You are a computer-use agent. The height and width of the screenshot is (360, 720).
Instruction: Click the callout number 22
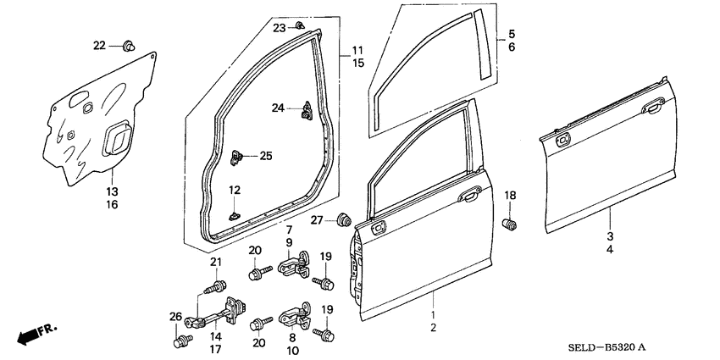tap(99, 45)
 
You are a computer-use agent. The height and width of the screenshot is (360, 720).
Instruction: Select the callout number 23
tap(280, 28)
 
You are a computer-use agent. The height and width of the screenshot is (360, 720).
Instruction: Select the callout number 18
tap(510, 196)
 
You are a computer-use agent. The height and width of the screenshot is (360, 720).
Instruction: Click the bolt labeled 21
tap(218, 284)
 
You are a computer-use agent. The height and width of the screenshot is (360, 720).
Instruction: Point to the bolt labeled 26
tap(180, 341)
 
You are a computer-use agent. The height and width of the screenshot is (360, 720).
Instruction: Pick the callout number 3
tap(609, 237)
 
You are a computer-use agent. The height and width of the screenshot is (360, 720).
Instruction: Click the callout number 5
tap(511, 36)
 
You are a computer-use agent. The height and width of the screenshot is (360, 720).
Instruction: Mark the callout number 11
tap(357, 50)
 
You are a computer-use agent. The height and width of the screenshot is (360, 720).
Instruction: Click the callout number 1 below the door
tap(434, 313)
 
